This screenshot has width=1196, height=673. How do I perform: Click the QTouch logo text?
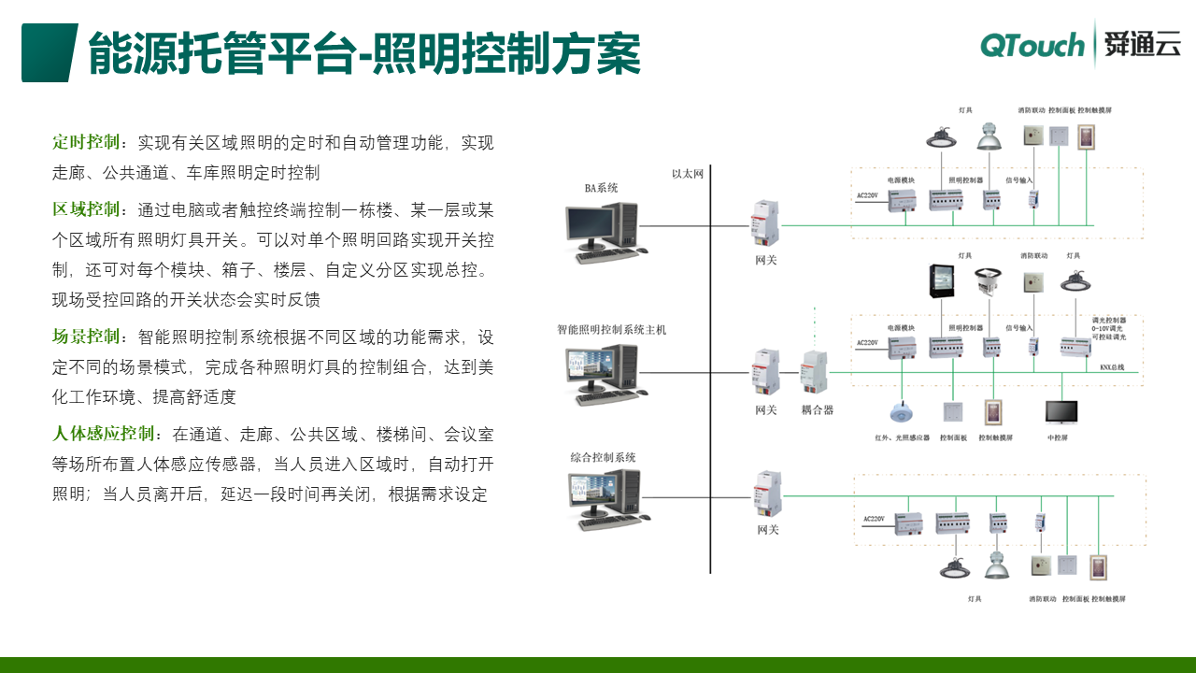(1032, 45)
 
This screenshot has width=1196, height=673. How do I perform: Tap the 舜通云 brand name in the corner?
(1142, 44)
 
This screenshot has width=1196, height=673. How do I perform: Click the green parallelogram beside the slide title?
(49, 53)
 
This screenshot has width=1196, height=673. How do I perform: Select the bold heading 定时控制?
(87, 143)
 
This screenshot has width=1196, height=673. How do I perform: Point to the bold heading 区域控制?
(87, 209)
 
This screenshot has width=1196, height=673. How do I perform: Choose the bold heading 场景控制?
(87, 336)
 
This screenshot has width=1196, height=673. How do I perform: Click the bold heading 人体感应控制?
(104, 435)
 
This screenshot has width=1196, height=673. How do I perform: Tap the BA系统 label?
(601, 189)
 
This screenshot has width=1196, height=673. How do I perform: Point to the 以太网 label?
(687, 173)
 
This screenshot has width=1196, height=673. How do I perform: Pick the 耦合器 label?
(817, 409)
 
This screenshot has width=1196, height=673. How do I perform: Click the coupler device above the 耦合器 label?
(814, 372)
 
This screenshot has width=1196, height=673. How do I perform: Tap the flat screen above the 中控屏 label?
(1061, 412)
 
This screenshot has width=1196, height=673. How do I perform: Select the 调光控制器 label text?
(1108, 320)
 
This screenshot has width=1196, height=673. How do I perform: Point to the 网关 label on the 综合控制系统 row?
(766, 530)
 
